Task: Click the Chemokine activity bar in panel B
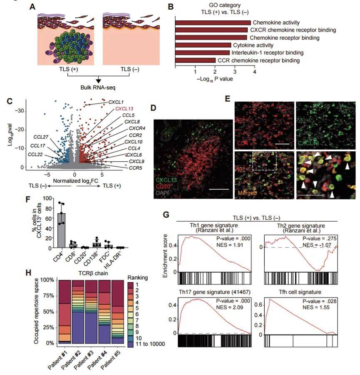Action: pos(213,22)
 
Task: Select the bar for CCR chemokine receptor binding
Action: pos(195,60)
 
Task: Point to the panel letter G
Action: pos(166,215)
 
